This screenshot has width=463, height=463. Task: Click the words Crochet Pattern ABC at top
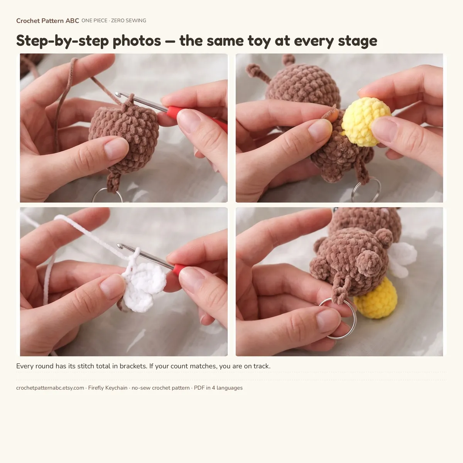click(47, 21)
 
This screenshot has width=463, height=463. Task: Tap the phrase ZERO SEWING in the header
click(128, 21)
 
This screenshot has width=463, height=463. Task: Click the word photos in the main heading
click(137, 41)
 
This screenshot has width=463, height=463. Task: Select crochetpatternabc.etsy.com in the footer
click(50, 388)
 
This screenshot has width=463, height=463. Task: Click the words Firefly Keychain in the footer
click(108, 388)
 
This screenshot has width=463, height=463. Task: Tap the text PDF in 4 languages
click(218, 388)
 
